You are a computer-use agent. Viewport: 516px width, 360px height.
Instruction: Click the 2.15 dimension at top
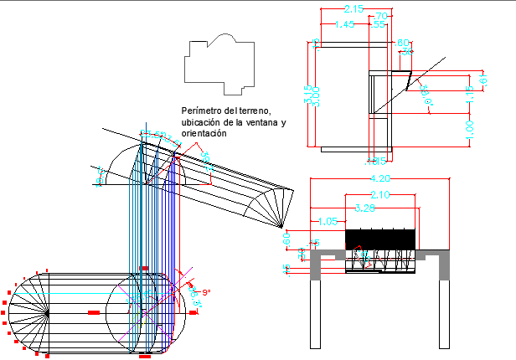click(353, 9)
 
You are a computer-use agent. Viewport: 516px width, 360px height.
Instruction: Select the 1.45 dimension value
click(344, 26)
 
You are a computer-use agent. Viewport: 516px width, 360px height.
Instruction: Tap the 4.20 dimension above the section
click(379, 178)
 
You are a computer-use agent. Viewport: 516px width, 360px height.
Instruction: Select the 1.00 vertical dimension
click(470, 130)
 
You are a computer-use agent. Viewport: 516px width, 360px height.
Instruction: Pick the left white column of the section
click(316, 314)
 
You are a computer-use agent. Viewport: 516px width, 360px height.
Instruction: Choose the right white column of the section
click(444, 314)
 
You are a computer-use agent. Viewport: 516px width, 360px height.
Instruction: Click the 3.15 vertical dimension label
click(307, 95)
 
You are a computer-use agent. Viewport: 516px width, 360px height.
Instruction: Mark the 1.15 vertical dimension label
click(470, 95)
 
